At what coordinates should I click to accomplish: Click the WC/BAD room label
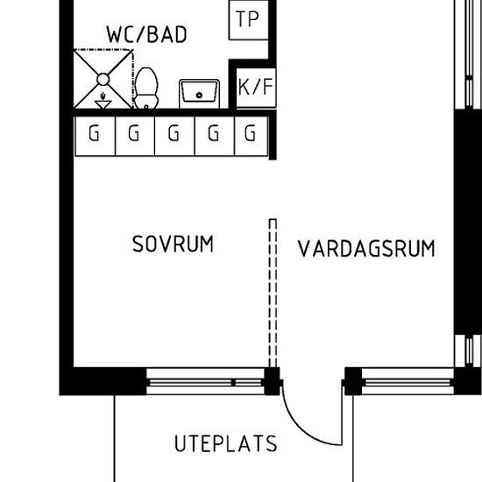click(x=146, y=34)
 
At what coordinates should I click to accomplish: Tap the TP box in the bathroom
click(x=248, y=20)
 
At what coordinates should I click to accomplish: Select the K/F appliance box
click(x=256, y=88)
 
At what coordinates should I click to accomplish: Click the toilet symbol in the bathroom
click(x=146, y=88)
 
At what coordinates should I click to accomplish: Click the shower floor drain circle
click(x=103, y=80)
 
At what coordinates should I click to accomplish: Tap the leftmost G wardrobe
click(x=95, y=136)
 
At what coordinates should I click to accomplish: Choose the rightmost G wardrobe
click(x=252, y=136)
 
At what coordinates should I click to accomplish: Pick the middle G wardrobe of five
click(x=174, y=136)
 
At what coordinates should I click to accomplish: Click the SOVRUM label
click(x=173, y=245)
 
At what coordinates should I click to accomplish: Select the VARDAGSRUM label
click(x=366, y=248)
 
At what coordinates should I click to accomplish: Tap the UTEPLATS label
click(x=226, y=443)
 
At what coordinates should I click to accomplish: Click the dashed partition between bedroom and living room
click(x=273, y=293)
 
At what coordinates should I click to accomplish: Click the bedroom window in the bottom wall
click(x=205, y=381)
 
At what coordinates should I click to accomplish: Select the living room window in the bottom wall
click(x=408, y=381)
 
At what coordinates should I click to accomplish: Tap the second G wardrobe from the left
click(x=135, y=136)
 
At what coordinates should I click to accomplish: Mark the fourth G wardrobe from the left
click(x=215, y=136)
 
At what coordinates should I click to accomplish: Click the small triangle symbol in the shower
click(x=103, y=104)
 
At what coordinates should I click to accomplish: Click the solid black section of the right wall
click(x=468, y=222)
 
